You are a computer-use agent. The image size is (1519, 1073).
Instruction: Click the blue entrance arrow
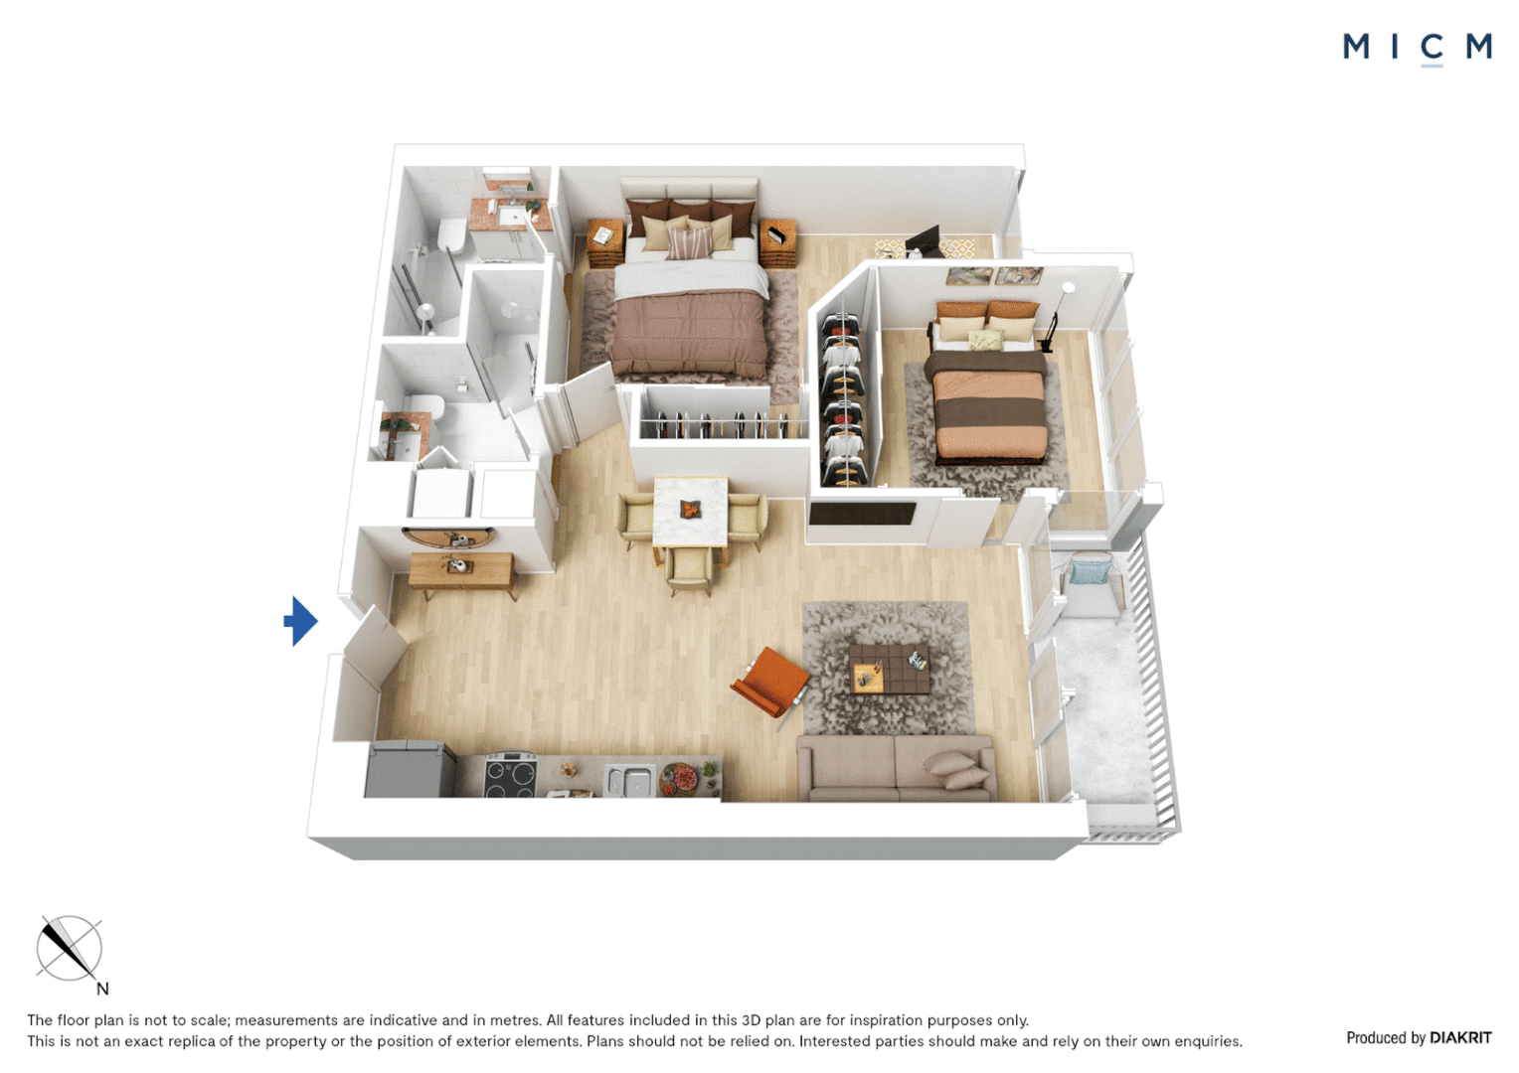click(301, 621)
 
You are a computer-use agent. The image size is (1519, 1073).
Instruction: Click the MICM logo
click(1416, 47)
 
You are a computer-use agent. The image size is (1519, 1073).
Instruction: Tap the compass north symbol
click(70, 950)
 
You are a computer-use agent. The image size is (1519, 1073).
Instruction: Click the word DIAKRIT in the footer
click(1459, 1037)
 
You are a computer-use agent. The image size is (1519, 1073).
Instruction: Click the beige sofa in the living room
click(896, 767)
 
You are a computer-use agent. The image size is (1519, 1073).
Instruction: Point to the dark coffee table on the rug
click(889, 669)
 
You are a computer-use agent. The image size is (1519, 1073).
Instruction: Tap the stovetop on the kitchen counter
click(510, 774)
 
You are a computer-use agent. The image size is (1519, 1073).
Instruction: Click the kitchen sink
click(628, 781)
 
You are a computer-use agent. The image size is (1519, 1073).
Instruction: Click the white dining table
click(690, 513)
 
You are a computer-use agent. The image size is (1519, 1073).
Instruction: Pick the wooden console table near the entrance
click(461, 571)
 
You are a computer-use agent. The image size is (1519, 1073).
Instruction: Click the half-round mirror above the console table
click(448, 537)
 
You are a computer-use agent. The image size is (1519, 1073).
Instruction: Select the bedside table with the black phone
click(777, 243)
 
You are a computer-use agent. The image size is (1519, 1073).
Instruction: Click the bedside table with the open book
click(604, 242)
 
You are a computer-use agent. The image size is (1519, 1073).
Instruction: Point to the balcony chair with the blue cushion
click(1090, 583)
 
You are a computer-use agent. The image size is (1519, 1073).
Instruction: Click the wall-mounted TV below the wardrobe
click(861, 514)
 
